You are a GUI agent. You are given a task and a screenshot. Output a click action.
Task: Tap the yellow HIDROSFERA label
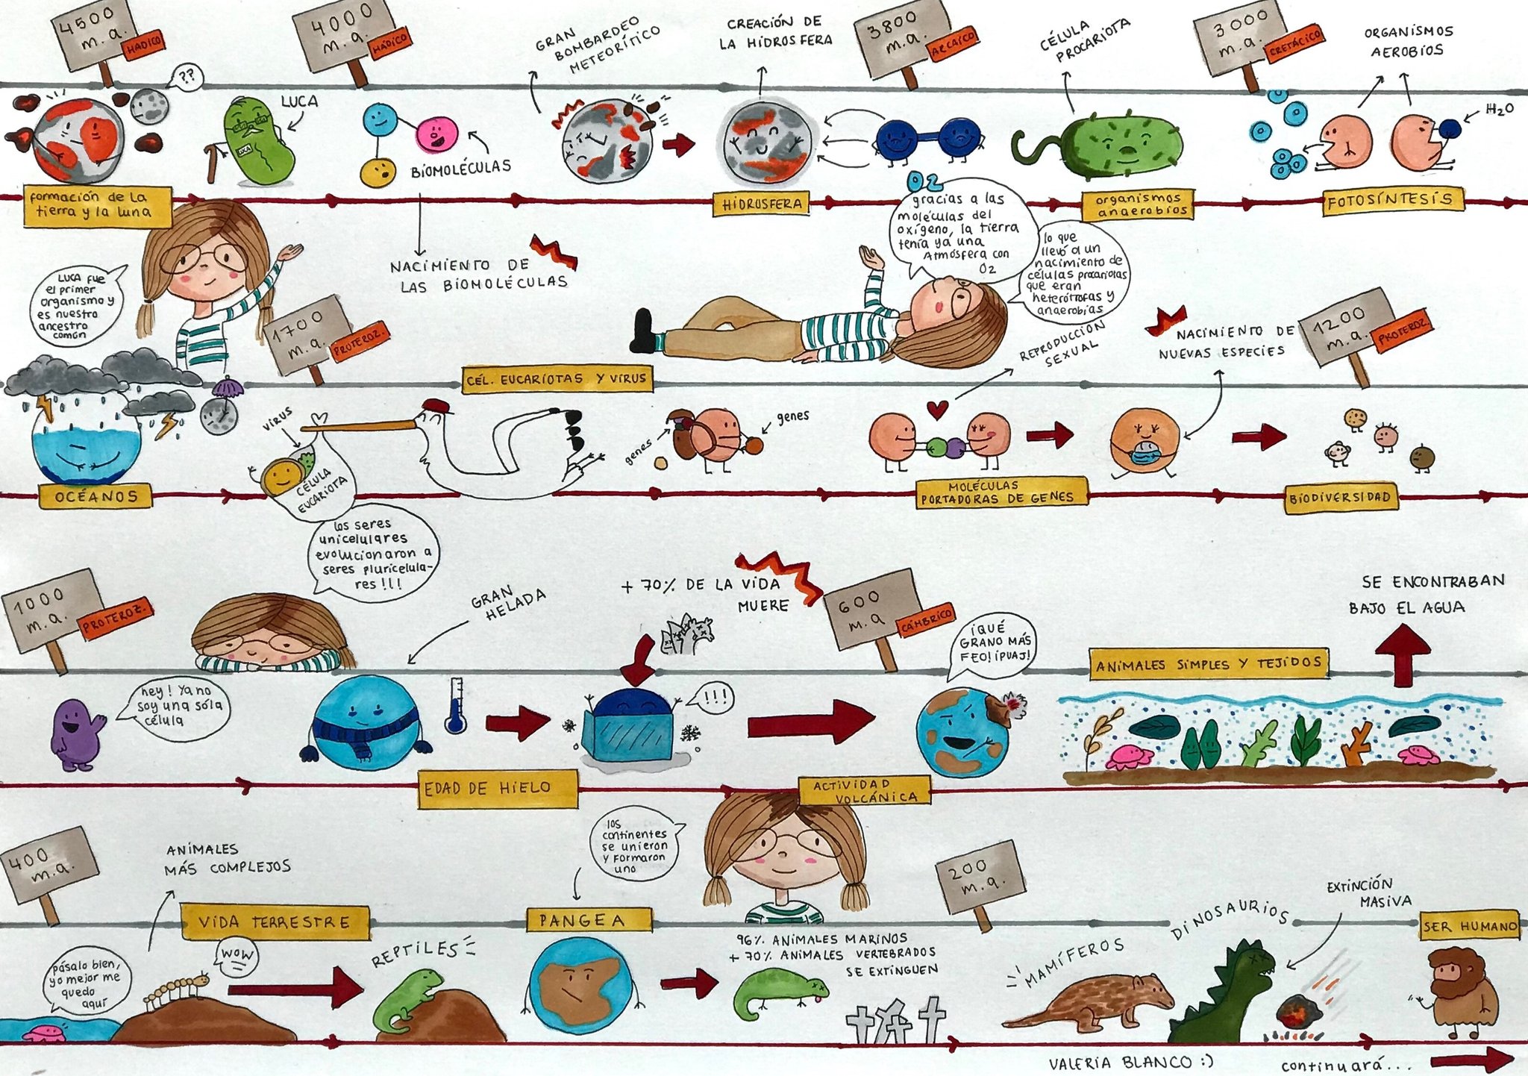point(761,203)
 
